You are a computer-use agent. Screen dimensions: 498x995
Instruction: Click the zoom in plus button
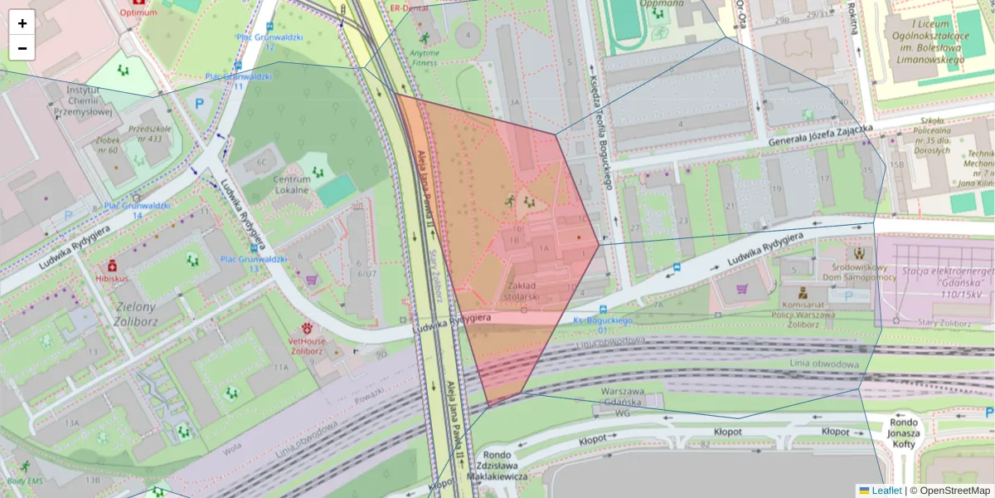click(x=22, y=23)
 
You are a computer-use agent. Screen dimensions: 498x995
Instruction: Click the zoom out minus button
click(x=22, y=48)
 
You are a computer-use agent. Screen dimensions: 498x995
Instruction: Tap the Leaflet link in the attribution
click(x=886, y=491)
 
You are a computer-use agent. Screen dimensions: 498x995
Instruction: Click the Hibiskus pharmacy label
click(x=109, y=279)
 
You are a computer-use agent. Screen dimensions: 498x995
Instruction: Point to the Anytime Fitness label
click(x=424, y=57)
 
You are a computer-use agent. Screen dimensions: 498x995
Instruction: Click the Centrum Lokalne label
click(x=291, y=184)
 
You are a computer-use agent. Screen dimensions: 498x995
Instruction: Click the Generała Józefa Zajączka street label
click(x=820, y=134)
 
